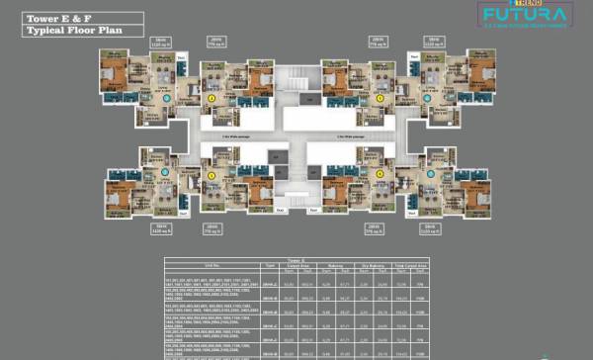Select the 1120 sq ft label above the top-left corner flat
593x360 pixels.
160,45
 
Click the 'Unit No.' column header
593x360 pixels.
212,266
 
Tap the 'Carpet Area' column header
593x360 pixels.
298,266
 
